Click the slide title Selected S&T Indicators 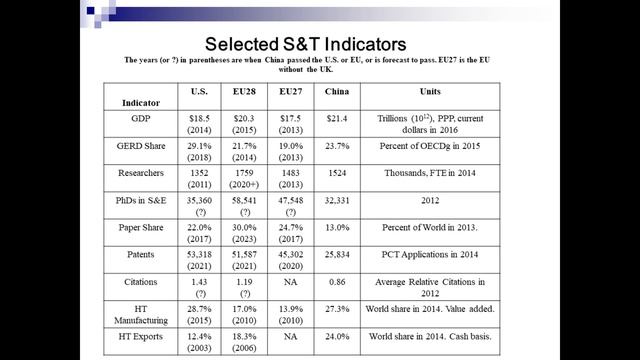305,44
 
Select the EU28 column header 244,91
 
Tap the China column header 337,91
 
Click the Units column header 430,91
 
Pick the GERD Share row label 141,146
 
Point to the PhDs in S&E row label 141,200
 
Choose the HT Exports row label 141,336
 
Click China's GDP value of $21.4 337,118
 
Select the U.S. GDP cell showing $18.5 199,118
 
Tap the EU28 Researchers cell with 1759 244,173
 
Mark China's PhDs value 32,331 337,200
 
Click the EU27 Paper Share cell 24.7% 291,227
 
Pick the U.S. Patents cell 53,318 199,255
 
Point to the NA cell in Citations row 291,282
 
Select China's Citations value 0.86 337,282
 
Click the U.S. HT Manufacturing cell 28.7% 199,309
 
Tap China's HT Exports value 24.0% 337,336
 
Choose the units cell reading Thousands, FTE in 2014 430,173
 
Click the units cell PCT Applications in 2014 430,255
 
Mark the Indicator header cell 141,103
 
